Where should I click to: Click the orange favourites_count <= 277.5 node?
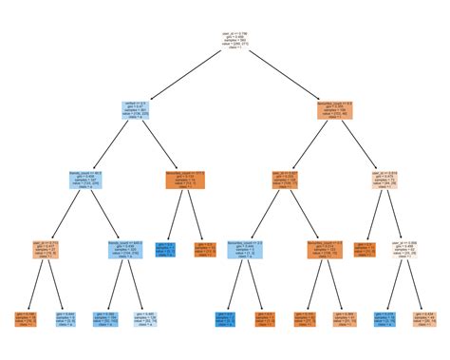(186, 180)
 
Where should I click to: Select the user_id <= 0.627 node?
(290, 180)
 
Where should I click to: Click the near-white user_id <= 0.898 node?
(401, 249)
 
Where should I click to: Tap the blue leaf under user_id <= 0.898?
(382, 318)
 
